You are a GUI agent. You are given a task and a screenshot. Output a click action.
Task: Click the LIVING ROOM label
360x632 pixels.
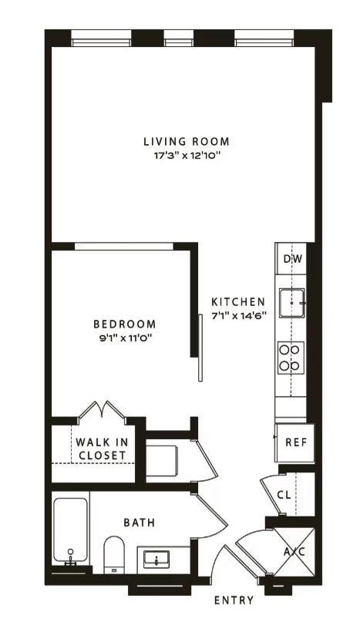tap(187, 142)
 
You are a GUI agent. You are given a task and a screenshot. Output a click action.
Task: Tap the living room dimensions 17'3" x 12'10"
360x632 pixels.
tap(187, 156)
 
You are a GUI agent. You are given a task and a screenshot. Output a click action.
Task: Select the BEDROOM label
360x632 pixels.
tap(125, 324)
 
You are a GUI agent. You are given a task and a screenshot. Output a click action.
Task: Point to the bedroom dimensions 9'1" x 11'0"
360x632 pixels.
tap(125, 338)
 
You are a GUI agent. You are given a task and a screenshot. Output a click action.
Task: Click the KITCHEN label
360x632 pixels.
tap(239, 302)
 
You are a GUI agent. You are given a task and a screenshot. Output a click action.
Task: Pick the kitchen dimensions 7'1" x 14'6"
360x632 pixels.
tap(239, 315)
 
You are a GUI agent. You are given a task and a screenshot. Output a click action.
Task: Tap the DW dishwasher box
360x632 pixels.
tap(291, 258)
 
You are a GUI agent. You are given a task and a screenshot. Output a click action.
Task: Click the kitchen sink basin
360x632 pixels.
tap(292, 303)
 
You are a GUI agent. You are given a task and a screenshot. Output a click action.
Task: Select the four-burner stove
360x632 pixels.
tap(291, 358)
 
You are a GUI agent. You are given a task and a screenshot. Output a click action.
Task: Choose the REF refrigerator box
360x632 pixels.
tap(295, 442)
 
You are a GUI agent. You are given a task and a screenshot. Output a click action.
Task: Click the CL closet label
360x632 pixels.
tap(284, 495)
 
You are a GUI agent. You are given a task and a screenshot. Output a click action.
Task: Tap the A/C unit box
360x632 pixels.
tap(294, 551)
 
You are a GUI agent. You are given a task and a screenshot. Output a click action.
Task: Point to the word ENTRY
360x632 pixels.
tap(234, 600)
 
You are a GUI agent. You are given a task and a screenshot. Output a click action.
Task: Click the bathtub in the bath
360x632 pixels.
tap(71, 530)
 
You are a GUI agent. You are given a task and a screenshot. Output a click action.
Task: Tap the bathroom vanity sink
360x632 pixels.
tap(156, 560)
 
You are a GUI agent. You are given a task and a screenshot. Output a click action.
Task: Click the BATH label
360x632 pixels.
tap(139, 523)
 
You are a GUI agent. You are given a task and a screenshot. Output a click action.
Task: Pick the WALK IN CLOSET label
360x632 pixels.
tap(102, 449)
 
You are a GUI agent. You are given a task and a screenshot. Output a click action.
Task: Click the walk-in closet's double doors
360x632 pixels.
tap(102, 410)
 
